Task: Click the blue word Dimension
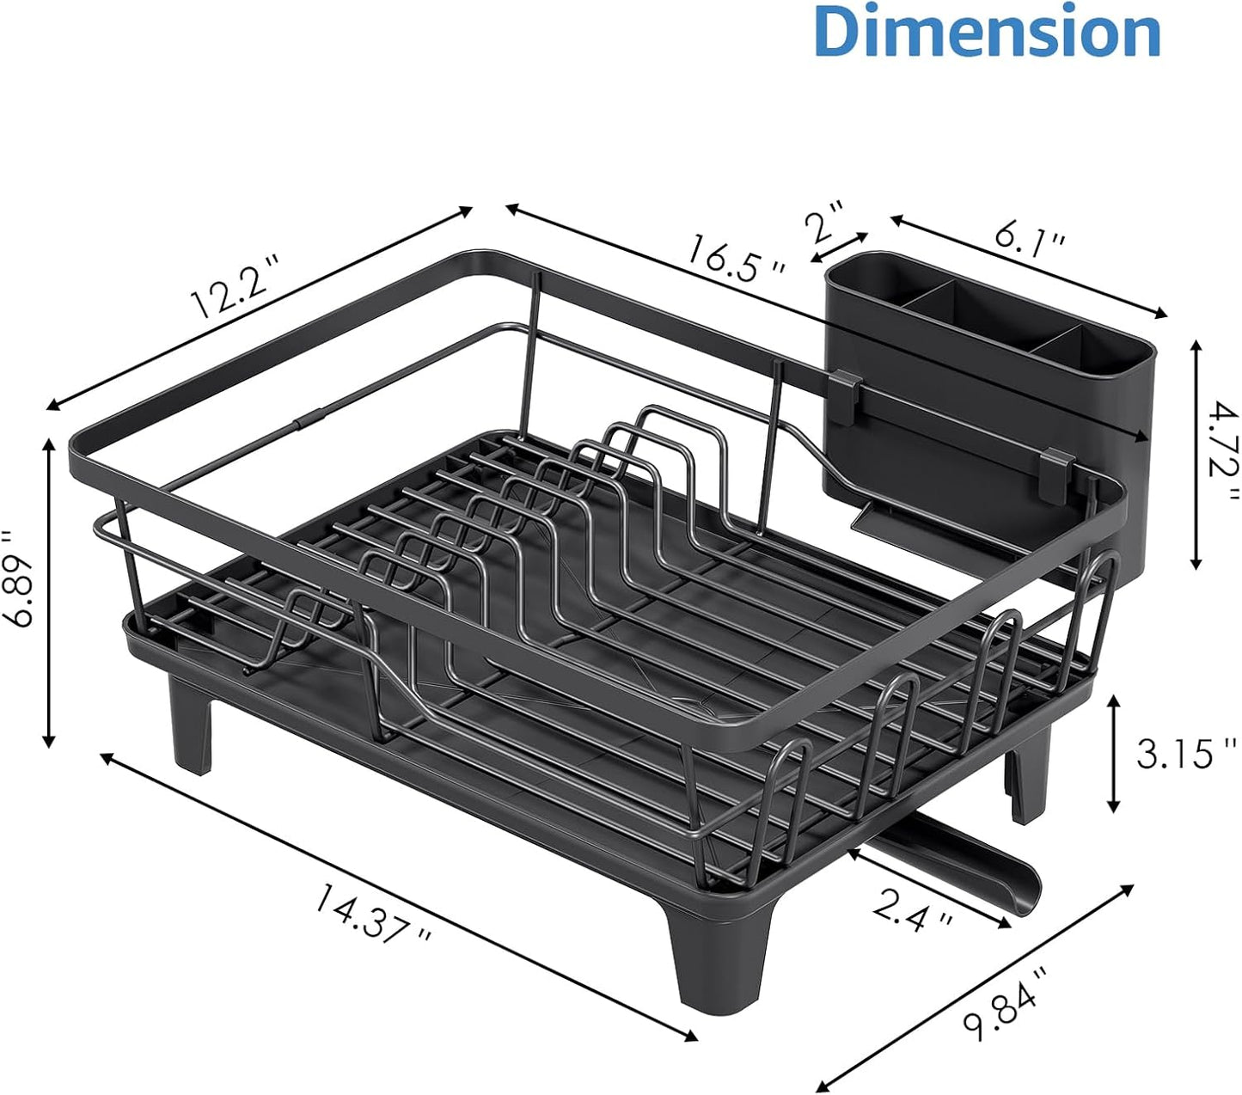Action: (987, 33)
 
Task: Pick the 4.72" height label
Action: (1221, 453)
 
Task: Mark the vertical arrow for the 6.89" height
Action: (49, 593)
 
